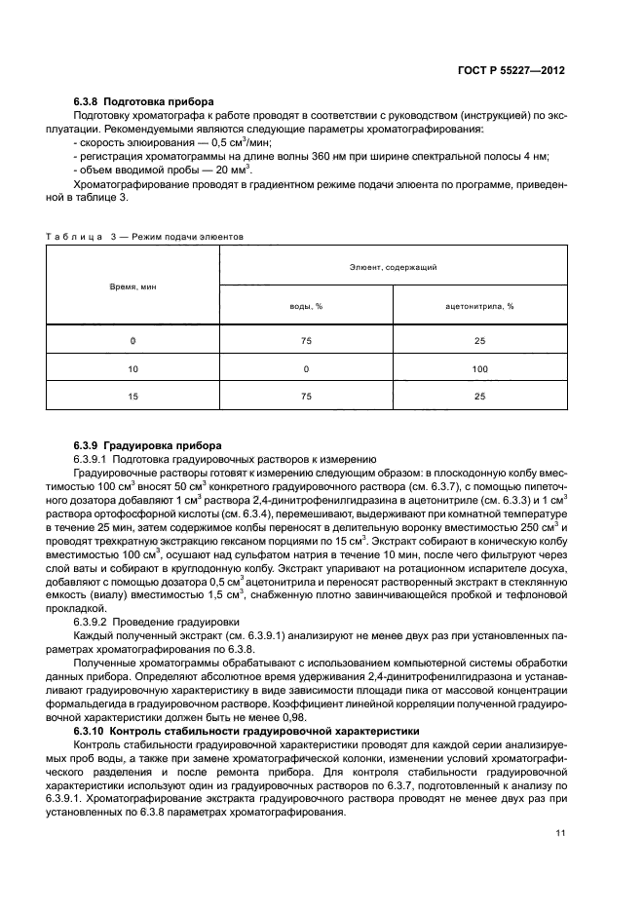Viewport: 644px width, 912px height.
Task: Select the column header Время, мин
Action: click(133, 286)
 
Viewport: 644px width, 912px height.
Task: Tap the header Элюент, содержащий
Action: click(394, 265)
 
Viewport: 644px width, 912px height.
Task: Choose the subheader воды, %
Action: click(306, 306)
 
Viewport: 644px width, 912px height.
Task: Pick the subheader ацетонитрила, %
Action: click(479, 306)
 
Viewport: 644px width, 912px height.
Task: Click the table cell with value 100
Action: click(479, 368)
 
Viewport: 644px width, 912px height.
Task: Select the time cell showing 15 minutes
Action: click(133, 396)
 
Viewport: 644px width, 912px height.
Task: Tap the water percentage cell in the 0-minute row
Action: click(306, 340)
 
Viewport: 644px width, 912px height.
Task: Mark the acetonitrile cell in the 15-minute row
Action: click(479, 396)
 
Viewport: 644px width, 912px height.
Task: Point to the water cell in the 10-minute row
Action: click(306, 368)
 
